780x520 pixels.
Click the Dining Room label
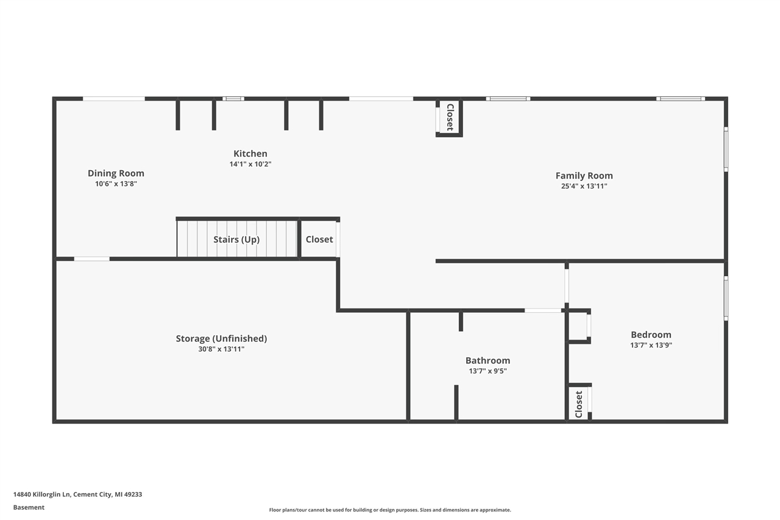coord(116,173)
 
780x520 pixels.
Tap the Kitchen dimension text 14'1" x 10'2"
coord(250,164)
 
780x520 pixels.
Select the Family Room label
coord(584,176)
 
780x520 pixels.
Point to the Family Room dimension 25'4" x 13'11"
coord(584,186)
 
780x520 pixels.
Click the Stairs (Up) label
coord(236,239)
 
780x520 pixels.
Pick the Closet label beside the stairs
coord(319,239)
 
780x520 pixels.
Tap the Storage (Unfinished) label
coord(221,338)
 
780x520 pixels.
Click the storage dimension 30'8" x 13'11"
coord(221,349)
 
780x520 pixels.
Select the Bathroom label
coord(487,360)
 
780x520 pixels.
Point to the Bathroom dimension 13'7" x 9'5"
coord(487,371)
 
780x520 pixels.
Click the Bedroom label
coord(651,334)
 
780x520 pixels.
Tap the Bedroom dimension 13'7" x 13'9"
coord(651,345)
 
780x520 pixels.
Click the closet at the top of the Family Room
coord(450,117)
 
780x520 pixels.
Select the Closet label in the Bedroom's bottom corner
coord(579,404)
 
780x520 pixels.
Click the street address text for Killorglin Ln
coord(77,494)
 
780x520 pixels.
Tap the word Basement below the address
coord(29,507)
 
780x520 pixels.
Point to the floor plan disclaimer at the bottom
coord(390,510)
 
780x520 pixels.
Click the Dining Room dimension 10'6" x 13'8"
coord(116,183)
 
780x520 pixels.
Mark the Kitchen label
coord(250,154)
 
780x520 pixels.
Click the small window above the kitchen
coord(233,98)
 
